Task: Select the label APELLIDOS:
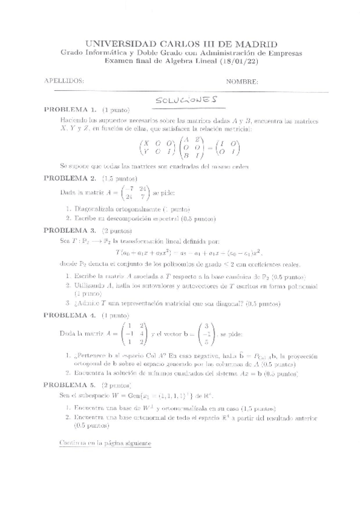[64, 81]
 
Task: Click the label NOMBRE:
[242, 81]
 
